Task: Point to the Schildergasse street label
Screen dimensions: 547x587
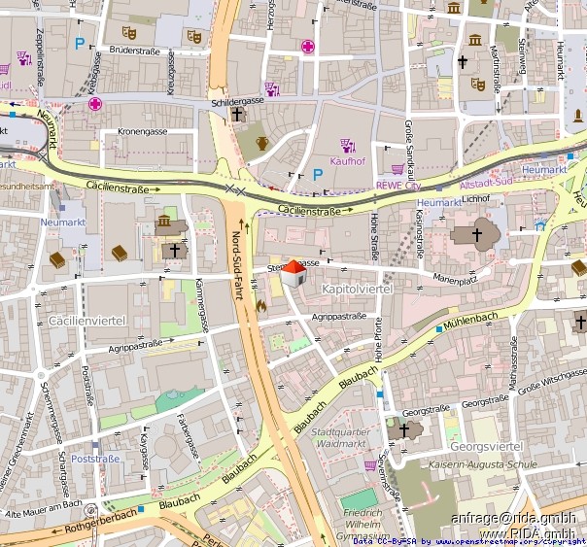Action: point(237,101)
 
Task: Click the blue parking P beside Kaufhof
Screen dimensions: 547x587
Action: point(317,175)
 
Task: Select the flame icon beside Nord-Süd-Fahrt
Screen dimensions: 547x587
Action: point(260,305)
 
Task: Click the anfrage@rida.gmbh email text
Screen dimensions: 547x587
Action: point(513,518)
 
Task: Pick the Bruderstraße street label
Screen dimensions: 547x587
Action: point(133,50)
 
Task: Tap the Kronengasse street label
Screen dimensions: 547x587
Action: point(144,130)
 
